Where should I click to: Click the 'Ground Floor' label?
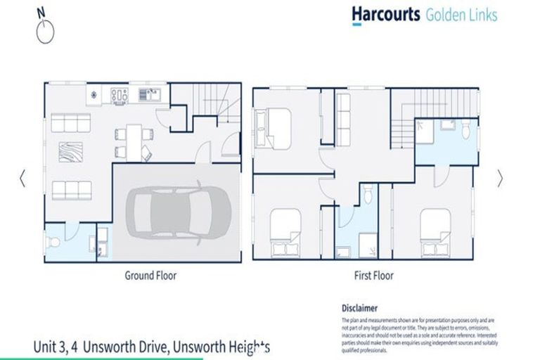(x=150, y=276)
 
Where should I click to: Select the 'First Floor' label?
(x=373, y=276)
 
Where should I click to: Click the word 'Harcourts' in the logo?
(x=386, y=14)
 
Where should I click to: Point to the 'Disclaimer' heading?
(x=359, y=308)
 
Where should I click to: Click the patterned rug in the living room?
(x=70, y=152)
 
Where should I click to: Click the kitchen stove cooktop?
(x=119, y=93)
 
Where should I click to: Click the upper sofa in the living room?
(x=71, y=124)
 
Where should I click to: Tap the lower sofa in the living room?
(x=71, y=189)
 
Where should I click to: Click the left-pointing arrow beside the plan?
(x=22, y=179)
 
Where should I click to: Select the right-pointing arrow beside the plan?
(x=500, y=179)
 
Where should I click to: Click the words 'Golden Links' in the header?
(x=461, y=14)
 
